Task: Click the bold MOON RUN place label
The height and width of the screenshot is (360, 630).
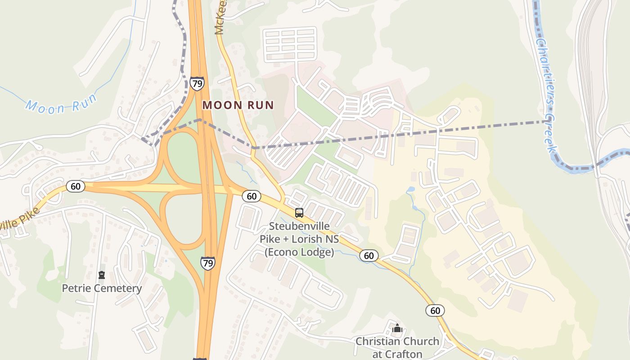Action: (x=238, y=105)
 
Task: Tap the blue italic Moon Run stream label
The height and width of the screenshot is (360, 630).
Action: (x=61, y=105)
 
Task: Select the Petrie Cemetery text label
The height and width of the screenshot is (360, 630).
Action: (x=102, y=288)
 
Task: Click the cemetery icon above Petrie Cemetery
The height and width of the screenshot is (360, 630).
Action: (x=102, y=275)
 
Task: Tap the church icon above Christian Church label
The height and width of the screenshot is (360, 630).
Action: (x=397, y=328)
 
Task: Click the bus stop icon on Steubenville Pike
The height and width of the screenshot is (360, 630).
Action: (x=299, y=213)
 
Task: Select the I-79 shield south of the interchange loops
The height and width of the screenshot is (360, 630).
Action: (x=208, y=263)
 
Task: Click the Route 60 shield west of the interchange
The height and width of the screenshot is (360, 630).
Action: (x=76, y=186)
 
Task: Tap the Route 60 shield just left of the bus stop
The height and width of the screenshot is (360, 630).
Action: (x=252, y=196)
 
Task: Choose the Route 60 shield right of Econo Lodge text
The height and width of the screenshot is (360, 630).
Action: (x=369, y=256)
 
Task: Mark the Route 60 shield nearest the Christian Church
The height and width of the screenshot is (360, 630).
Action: (x=435, y=310)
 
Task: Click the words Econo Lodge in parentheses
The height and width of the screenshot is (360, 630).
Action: (x=299, y=252)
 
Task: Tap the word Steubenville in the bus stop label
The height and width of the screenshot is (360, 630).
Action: (x=299, y=226)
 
